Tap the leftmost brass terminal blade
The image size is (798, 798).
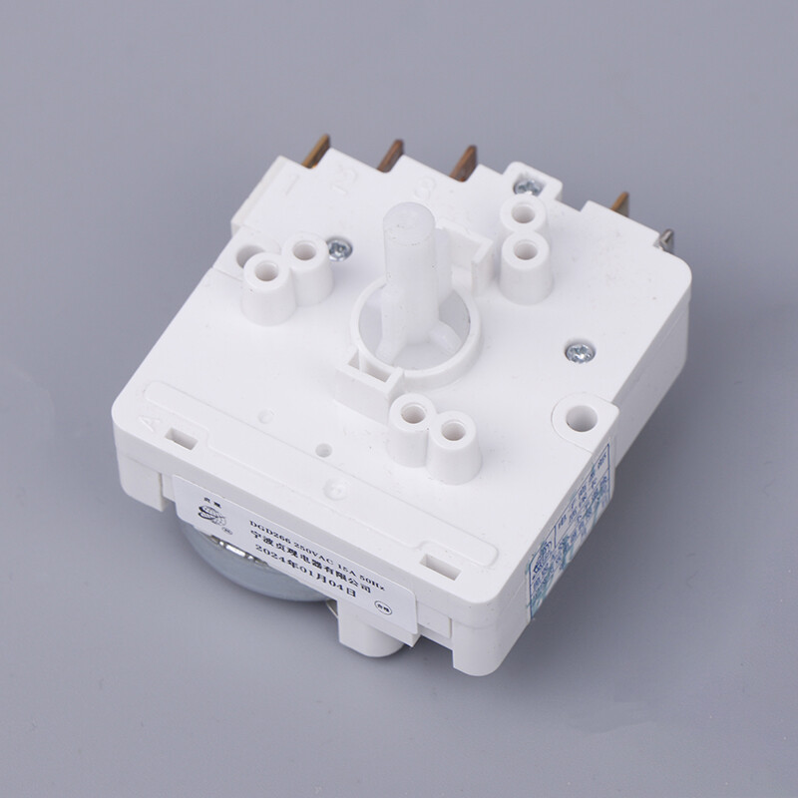[319, 151]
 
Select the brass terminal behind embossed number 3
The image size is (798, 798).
[464, 162]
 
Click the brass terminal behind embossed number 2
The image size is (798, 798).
[389, 155]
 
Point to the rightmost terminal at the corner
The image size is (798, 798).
[666, 242]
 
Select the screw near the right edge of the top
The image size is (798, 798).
[576, 351]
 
